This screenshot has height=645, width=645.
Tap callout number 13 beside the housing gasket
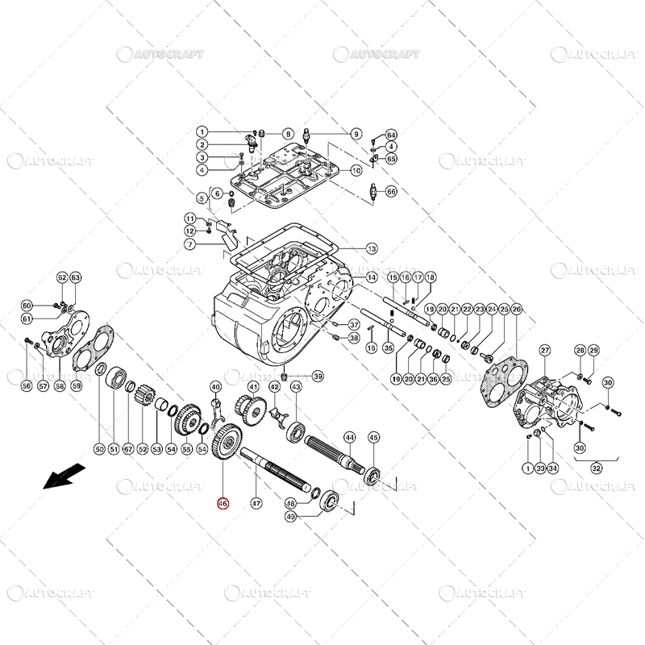[372, 248]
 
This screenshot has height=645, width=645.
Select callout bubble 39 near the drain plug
[318, 377]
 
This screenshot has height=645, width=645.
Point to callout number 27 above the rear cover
[545, 350]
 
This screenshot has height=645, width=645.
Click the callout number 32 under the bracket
[597, 467]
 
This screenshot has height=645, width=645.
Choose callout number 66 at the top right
[391, 192]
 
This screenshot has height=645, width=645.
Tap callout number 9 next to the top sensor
[356, 133]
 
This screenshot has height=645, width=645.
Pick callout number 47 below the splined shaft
[256, 504]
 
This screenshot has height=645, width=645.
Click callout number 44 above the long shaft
[349, 437]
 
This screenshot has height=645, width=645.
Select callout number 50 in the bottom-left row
[99, 449]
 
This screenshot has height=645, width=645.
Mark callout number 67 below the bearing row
[127, 449]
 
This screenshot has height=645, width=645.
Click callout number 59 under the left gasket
[77, 386]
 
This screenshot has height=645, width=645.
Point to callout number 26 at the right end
[517, 310]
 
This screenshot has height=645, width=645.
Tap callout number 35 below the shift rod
[388, 348]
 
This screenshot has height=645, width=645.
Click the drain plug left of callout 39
[285, 377]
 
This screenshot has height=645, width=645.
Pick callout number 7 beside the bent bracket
[189, 244]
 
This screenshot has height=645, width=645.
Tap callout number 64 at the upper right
[391, 134]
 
